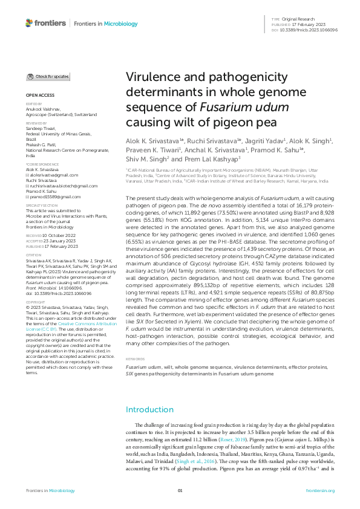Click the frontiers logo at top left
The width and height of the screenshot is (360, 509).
pos(45,23)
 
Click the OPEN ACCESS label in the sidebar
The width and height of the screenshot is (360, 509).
pos(39,96)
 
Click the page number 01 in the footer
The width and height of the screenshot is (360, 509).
pos(180,491)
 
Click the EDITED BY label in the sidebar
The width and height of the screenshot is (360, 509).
pos(34,104)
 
